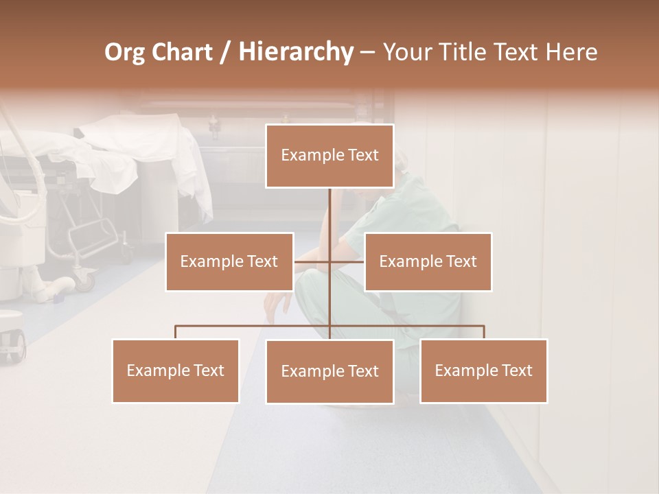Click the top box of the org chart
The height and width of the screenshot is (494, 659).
click(329, 156)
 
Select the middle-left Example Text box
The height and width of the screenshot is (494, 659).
click(229, 261)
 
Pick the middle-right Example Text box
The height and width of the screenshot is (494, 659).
click(428, 261)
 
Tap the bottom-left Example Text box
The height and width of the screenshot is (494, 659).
click(176, 370)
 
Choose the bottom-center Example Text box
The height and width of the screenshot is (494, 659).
click(329, 371)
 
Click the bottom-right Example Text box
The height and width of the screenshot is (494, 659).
click(483, 370)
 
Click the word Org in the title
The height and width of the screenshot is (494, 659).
click(124, 52)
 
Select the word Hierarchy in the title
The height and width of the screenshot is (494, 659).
click(295, 52)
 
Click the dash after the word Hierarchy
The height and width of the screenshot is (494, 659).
click(367, 52)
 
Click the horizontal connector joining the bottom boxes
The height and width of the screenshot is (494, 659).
click(254, 327)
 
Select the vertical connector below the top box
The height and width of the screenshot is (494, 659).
click(330, 213)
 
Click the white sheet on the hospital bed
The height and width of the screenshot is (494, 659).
click(137, 148)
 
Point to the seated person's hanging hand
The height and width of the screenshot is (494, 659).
click(276, 302)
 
